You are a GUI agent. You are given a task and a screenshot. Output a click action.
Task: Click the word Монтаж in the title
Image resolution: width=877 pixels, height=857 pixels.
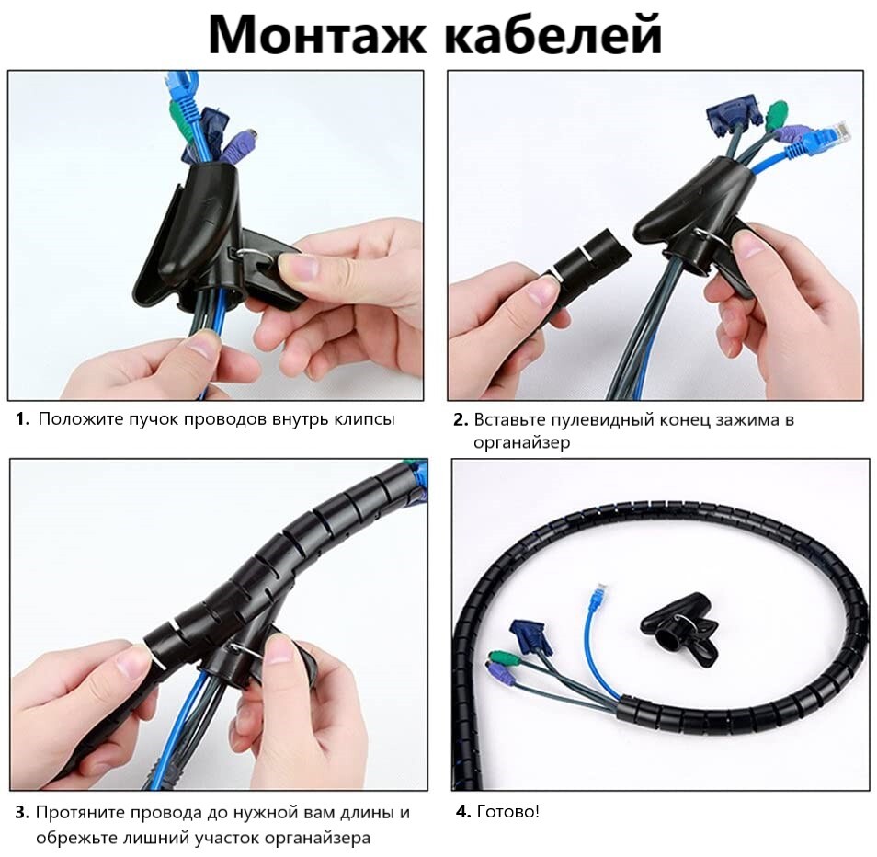(317, 35)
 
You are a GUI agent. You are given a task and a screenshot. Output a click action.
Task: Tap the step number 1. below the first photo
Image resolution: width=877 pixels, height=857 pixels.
(23, 419)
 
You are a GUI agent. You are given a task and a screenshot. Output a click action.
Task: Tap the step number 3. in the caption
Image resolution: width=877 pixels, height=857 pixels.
(22, 812)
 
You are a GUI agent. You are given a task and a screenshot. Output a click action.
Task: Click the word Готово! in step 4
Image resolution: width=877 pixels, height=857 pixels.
(507, 811)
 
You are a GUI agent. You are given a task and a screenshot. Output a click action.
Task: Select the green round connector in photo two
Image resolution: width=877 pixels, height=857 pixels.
(776, 115)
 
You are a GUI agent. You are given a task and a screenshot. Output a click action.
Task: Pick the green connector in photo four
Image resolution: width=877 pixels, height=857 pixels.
(496, 657)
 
